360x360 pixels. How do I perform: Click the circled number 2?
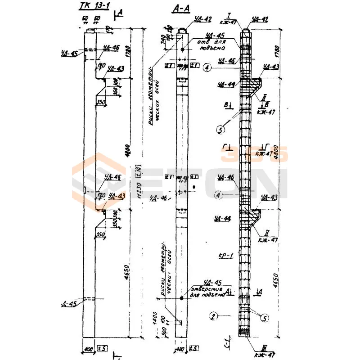tap(213, 315)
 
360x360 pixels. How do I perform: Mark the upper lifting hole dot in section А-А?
tap(182, 49)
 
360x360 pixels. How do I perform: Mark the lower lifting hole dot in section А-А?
tap(182, 298)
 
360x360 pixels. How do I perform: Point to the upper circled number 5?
tap(220, 130)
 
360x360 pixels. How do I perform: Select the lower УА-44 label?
tap(223, 219)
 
